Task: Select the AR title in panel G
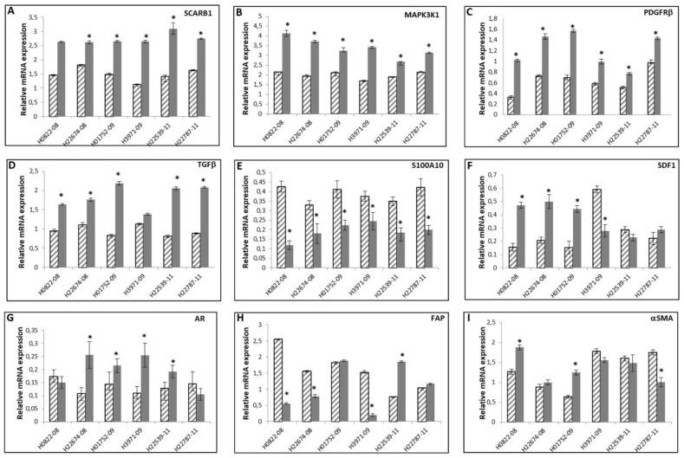tap(212, 318)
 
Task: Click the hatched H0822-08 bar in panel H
tap(277, 380)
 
